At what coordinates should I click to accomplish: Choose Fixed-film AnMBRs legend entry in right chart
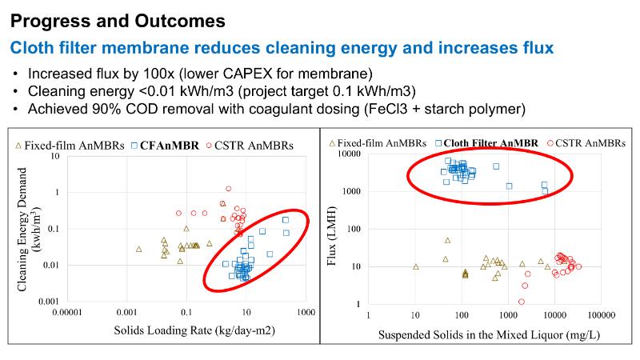point(376,144)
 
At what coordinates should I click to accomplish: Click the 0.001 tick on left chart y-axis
point(50,301)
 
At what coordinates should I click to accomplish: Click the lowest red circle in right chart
point(522,302)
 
